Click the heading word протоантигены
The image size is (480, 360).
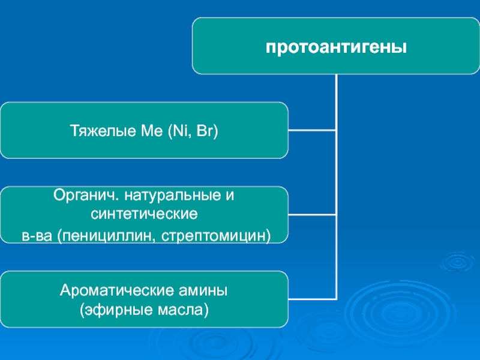pyautogui.click(x=336, y=47)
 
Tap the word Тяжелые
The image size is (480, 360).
pyautogui.click(x=103, y=131)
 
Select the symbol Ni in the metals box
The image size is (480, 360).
pyautogui.click(x=181, y=131)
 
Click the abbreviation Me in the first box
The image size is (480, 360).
pyautogui.click(x=152, y=131)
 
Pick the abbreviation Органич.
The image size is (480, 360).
pyautogui.click(x=86, y=195)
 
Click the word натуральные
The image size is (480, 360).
pyautogui.click(x=173, y=196)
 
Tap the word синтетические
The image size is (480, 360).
pyautogui.click(x=144, y=214)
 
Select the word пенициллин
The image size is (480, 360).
pyautogui.click(x=107, y=236)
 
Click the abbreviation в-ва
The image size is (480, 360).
pyautogui.click(x=37, y=236)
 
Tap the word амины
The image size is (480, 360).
pyautogui.click(x=203, y=291)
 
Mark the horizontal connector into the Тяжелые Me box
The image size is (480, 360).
pyautogui.click(x=312, y=130)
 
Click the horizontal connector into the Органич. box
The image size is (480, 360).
pyautogui.click(x=312, y=215)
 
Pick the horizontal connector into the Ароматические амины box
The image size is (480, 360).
pyautogui.click(x=312, y=299)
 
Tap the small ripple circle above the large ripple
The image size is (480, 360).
pyautogui.click(x=458, y=262)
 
